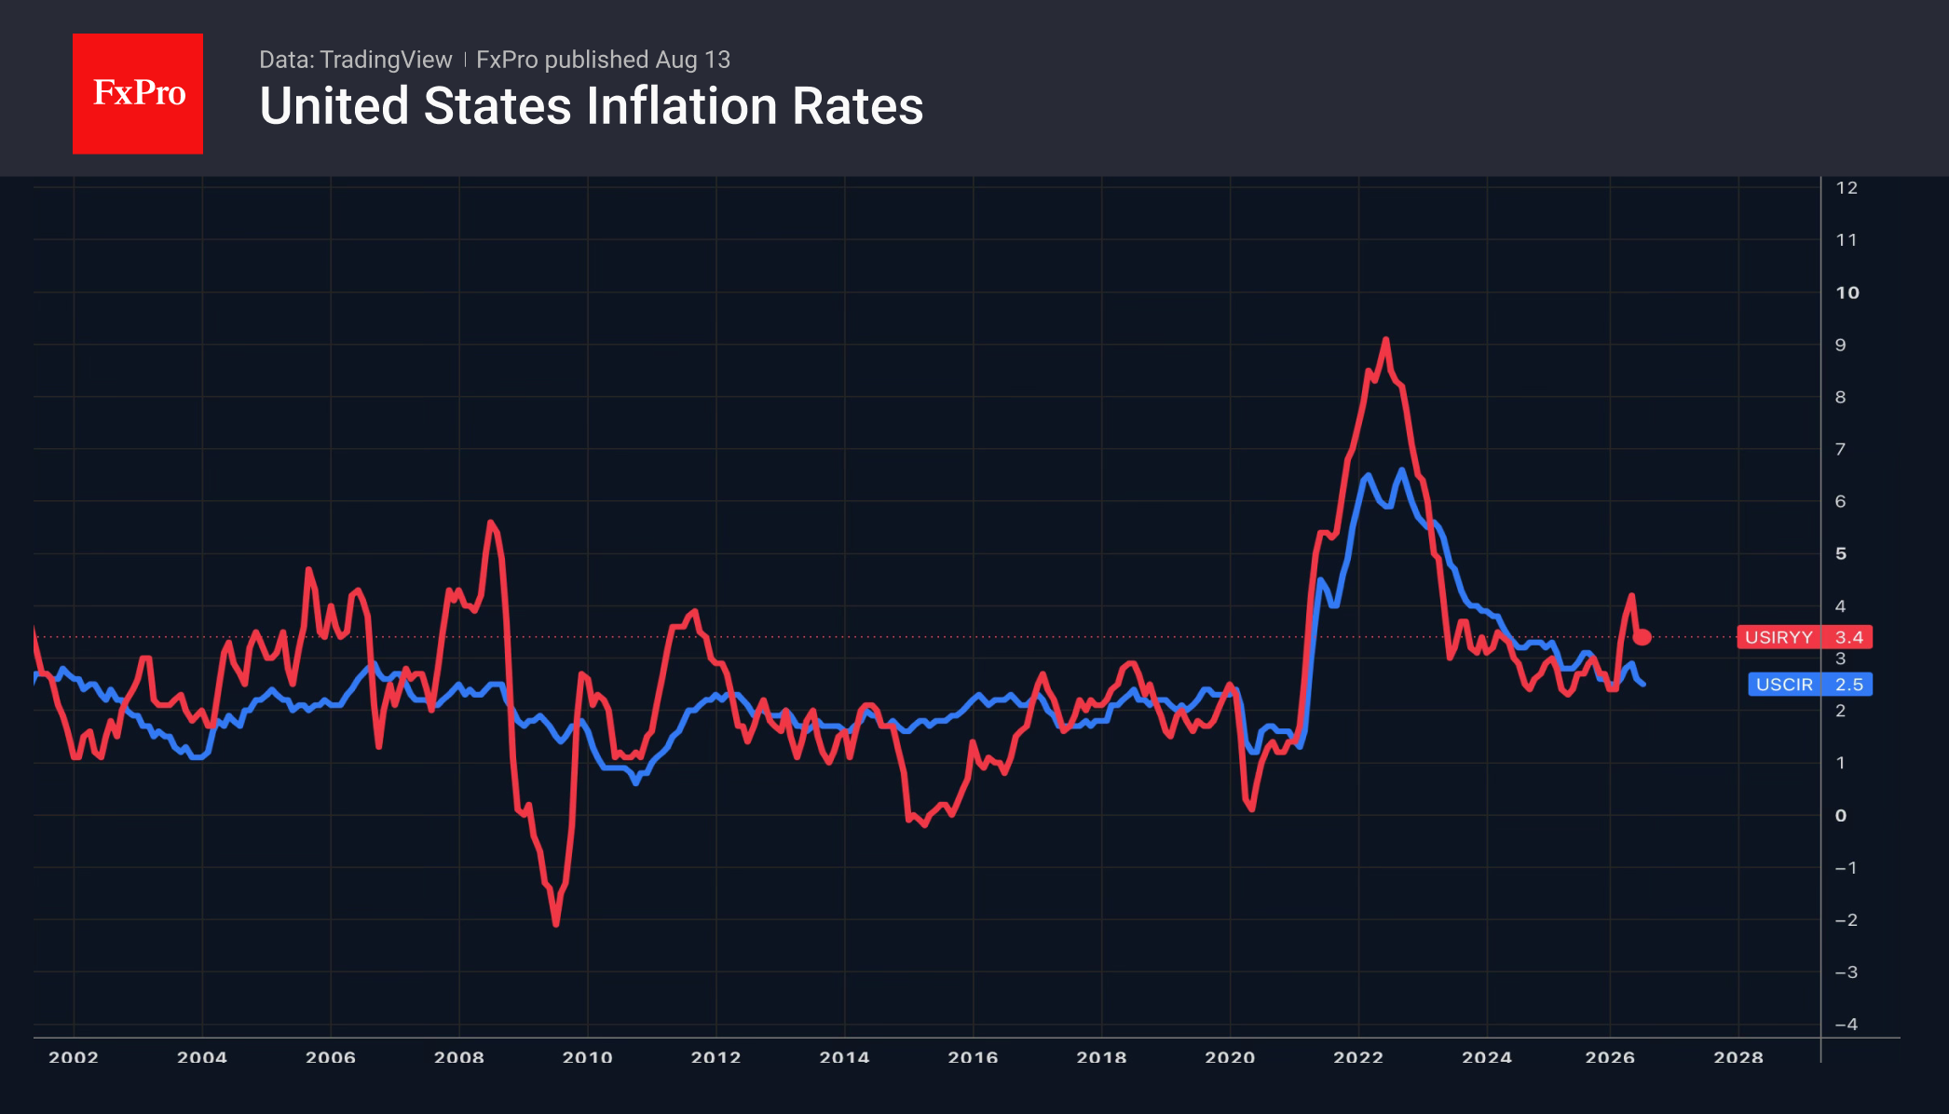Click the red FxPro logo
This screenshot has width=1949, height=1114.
(138, 93)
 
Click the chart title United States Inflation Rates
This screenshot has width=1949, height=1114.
(592, 105)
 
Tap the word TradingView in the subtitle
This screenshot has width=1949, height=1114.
(386, 60)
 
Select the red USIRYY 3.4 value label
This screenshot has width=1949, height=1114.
(1805, 637)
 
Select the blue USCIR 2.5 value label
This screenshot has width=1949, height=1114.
(1810, 685)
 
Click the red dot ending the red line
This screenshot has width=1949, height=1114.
(1642, 637)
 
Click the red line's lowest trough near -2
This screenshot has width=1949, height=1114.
(556, 924)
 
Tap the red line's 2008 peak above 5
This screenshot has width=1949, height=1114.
(490, 522)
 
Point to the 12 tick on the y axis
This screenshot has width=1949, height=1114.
(1847, 187)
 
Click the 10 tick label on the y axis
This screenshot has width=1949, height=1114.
(1847, 292)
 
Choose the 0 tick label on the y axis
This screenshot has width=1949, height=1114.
(1841, 815)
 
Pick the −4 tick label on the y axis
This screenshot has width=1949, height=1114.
(1847, 1024)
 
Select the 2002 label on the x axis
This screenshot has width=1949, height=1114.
(74, 1057)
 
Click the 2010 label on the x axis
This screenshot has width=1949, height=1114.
(588, 1057)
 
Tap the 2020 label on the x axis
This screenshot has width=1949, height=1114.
(1230, 1057)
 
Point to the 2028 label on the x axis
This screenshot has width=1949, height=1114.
(1738, 1057)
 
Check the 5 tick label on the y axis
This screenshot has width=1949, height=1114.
(1841, 553)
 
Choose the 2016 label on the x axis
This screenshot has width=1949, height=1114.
(973, 1057)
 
